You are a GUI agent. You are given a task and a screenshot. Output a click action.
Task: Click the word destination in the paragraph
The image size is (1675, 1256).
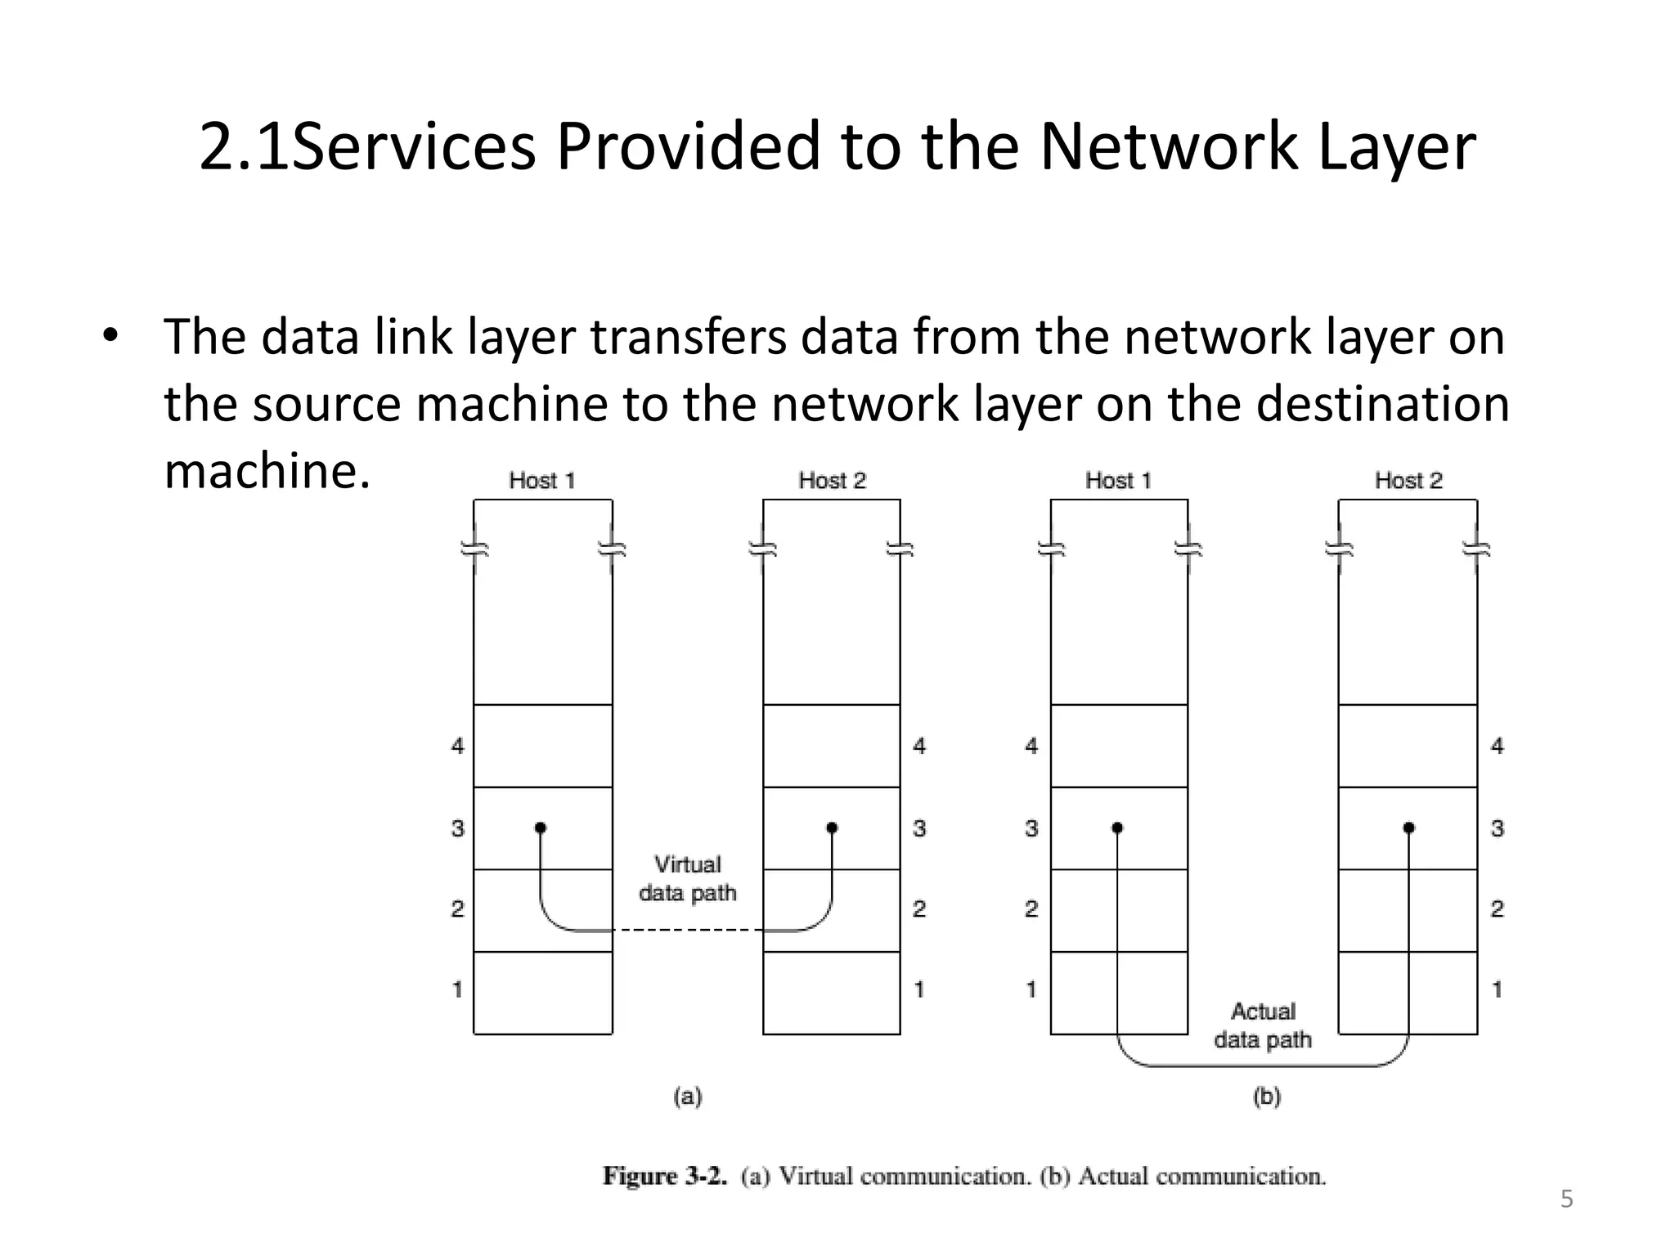[x=1381, y=404]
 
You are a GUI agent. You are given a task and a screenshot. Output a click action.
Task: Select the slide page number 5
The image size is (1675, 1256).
[x=1566, y=1199]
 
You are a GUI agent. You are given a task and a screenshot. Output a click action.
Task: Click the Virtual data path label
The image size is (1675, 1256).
[x=687, y=879]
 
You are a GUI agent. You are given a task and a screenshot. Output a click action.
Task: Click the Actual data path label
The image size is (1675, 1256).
[x=1263, y=1025]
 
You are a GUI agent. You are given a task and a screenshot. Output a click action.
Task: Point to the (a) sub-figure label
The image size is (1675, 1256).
[x=687, y=1096]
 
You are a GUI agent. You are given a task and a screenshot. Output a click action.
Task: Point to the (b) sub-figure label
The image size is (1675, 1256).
[x=1266, y=1096]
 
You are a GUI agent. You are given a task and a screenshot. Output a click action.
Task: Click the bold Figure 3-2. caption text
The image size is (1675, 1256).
[x=664, y=1176]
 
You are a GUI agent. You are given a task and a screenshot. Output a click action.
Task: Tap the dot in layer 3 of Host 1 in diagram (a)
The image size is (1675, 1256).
[x=541, y=828]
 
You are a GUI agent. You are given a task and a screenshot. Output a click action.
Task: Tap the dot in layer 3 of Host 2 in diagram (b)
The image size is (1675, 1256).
[x=1408, y=828]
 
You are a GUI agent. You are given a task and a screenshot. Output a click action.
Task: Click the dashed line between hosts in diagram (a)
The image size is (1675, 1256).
[x=687, y=931]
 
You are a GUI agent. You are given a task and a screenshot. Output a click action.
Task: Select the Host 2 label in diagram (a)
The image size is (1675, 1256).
[x=832, y=481]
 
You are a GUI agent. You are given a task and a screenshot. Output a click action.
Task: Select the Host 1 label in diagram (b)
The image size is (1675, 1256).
[x=1118, y=481]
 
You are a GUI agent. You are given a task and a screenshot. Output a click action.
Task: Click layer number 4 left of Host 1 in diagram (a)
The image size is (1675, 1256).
[x=457, y=746]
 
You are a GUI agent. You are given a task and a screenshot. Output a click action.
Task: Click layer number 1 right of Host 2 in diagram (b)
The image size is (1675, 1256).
[x=1497, y=989]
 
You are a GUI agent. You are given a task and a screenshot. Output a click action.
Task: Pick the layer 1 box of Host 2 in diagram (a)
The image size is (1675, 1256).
[x=832, y=993]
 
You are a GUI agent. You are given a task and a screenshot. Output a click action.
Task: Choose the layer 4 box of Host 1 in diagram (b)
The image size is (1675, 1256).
[x=1118, y=746]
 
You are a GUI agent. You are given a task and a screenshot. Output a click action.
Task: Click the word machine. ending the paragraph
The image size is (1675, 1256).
[x=267, y=471]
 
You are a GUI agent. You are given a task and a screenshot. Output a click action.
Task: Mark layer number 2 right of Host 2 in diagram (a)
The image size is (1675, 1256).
[x=919, y=908]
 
